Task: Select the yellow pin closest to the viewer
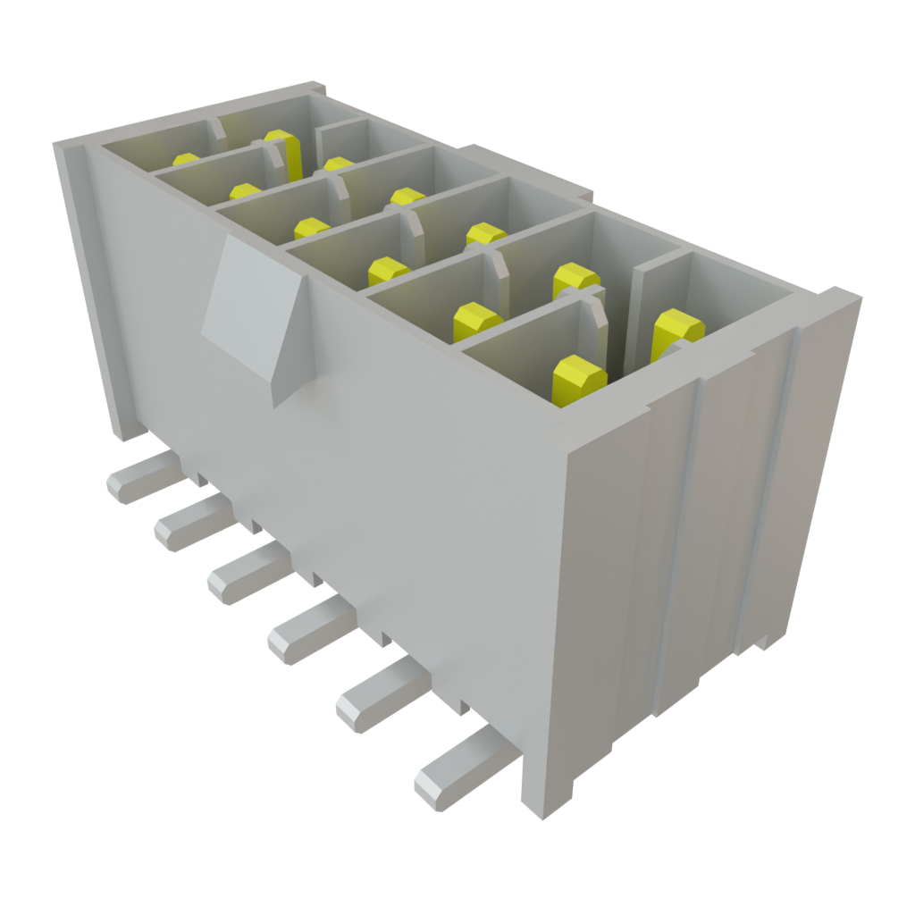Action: click(x=579, y=380)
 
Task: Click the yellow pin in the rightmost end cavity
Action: click(x=676, y=332)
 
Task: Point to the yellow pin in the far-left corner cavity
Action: click(x=186, y=160)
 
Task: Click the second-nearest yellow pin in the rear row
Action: click(x=485, y=234)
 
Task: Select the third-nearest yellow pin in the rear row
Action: click(x=407, y=197)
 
